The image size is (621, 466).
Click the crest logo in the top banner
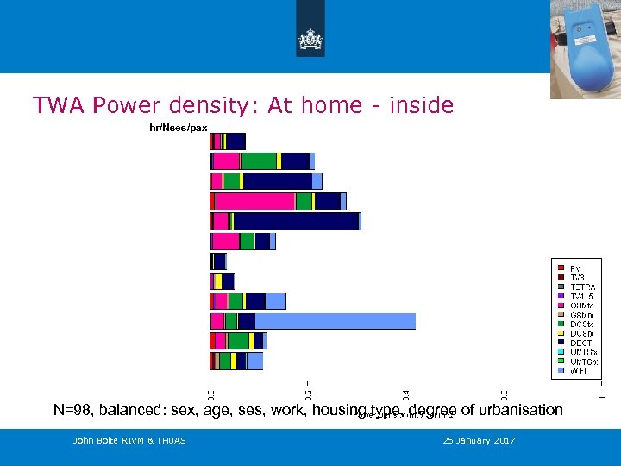point(310,39)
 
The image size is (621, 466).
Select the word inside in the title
point(420,105)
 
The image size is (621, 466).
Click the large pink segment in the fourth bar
point(255,201)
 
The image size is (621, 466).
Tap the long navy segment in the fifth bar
point(296,221)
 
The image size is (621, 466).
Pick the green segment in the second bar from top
point(259,161)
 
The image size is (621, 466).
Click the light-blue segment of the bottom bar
point(255,361)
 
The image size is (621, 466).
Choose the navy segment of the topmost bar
point(235,142)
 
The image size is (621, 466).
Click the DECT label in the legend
point(580,343)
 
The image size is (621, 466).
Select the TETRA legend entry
point(582,287)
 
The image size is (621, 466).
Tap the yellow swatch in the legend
point(561,333)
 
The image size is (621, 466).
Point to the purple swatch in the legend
point(561,296)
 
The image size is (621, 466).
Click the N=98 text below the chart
point(75,410)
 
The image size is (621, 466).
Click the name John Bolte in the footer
point(94,441)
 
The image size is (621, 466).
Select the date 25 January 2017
point(479,441)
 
